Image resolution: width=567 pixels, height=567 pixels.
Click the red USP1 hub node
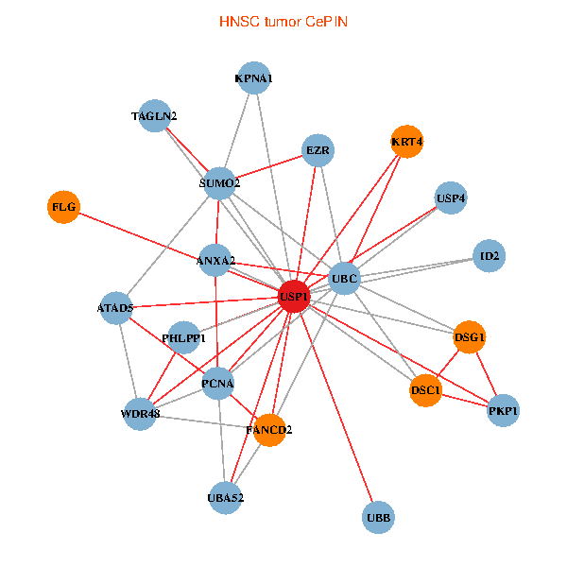(294, 297)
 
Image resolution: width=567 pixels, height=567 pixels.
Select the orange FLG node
(63, 207)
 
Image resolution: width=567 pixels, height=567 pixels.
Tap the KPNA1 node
(254, 77)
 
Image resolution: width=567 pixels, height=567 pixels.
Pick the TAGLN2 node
(155, 115)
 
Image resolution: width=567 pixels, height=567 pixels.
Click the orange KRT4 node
(407, 142)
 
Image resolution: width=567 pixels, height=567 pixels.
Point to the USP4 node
(451, 198)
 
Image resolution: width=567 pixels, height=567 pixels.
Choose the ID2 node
(490, 256)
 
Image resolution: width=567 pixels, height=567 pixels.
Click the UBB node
(378, 518)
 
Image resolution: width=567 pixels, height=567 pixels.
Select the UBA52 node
(226, 498)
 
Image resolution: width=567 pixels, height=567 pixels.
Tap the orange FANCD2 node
(269, 430)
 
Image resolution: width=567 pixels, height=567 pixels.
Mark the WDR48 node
(140, 414)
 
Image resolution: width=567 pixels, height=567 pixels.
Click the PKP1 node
(503, 410)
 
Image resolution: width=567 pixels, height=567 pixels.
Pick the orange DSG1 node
(470, 337)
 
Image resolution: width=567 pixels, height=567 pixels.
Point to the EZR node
(318, 150)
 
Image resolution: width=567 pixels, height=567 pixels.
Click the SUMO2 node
(219, 183)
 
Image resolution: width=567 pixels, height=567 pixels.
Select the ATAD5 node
(116, 308)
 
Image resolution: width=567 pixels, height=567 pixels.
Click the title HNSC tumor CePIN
(283, 22)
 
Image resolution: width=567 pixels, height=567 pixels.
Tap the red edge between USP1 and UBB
(336, 407)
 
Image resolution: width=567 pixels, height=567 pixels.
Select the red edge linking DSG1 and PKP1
(487, 374)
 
